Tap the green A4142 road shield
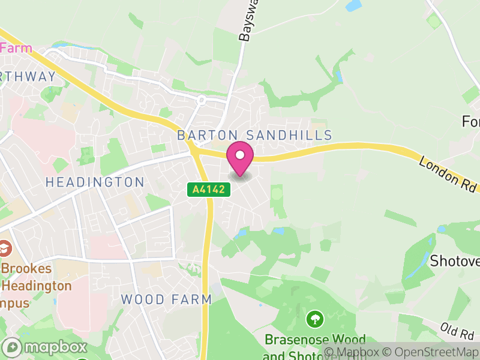200,190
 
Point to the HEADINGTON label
95,182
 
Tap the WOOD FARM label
166,299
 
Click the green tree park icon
314,319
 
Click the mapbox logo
45,347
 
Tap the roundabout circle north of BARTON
202,100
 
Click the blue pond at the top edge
353,5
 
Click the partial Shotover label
454,261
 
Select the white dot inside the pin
240,155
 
